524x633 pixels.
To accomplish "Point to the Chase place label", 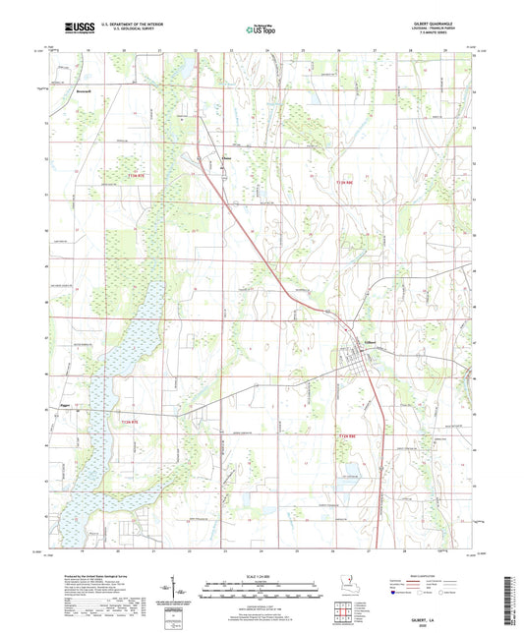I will click(x=228, y=156).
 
